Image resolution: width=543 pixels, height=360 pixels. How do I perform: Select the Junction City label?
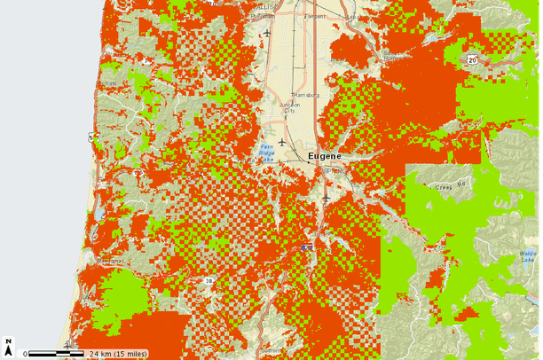tap(290, 107)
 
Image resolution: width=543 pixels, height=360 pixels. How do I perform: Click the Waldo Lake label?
tap(529, 256)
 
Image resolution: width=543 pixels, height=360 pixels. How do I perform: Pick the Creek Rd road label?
tap(450, 187)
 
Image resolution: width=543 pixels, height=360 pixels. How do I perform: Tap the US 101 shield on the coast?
tap(90, 137)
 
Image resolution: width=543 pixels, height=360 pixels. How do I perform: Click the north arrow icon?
tap(8, 344)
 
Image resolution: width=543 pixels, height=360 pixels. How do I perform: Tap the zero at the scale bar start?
tap(26, 353)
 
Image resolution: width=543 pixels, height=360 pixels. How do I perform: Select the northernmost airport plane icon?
tap(266, 34)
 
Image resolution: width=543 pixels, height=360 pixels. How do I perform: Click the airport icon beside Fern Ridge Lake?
tap(282, 141)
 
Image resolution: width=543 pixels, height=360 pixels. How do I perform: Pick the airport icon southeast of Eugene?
tap(327, 198)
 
